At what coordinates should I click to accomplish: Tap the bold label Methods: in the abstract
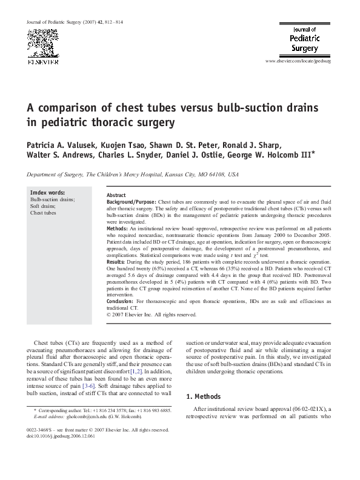(119, 228)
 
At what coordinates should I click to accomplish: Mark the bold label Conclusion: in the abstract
(121, 301)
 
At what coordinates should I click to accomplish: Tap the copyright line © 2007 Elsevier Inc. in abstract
(152, 315)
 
